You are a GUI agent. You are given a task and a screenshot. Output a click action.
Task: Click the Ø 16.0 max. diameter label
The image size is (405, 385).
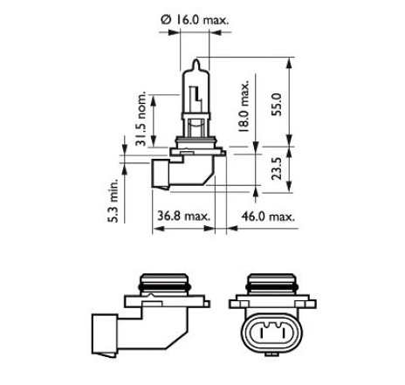pos(195,20)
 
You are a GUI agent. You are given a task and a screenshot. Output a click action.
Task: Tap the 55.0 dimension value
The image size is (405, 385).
pos(277,105)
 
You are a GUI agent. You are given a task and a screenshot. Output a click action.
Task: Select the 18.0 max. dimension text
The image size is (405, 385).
pos(244,106)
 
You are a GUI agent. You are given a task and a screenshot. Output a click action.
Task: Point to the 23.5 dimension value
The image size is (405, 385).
pos(277,168)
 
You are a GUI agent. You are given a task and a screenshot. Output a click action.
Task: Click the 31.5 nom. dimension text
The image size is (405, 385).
pos(141,119)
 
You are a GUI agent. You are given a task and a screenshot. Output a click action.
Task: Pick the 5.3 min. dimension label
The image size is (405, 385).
pos(113,201)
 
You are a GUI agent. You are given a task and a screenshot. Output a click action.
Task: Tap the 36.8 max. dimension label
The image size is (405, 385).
pos(183,217)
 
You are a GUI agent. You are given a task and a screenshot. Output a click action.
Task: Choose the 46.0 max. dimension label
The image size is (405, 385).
pos(268,217)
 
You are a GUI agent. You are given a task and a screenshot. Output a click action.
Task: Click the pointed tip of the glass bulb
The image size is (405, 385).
pos(196,59)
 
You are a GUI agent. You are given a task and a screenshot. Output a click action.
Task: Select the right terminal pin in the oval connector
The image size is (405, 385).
pos(283,333)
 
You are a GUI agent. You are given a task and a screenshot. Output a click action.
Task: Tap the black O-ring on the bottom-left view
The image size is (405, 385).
pos(164,288)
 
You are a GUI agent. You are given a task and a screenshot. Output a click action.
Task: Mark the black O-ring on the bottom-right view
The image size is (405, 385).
pos(272,288)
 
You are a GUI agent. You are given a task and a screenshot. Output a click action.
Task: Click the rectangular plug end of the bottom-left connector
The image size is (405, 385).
pos(105,334)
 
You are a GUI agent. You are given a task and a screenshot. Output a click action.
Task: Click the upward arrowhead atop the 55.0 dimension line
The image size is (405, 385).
pos(289,63)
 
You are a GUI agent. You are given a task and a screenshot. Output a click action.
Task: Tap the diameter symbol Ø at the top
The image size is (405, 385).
pos(165,20)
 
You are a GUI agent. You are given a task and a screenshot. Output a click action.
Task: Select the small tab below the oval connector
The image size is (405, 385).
pos(272,354)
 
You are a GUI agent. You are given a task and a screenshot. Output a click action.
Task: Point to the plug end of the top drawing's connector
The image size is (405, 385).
pos(160,173)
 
